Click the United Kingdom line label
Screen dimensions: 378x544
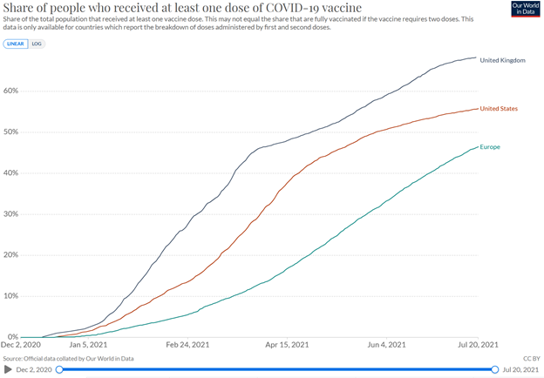point(502,59)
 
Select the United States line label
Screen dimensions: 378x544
point(500,108)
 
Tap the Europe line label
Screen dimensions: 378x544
point(490,146)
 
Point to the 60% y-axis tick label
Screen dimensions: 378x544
point(11,91)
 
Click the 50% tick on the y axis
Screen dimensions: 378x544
point(11,132)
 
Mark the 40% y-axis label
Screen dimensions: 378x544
point(11,172)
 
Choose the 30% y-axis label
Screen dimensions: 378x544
point(11,213)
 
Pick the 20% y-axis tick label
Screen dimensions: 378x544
point(11,254)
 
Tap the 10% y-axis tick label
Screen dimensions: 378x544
point(11,295)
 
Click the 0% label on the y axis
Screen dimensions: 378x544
point(13,337)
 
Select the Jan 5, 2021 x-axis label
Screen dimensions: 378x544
point(90,346)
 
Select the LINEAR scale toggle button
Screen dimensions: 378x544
point(17,43)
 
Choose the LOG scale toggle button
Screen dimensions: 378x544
point(37,43)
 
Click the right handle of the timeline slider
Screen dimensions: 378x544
point(494,368)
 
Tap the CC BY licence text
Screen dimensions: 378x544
point(530,357)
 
